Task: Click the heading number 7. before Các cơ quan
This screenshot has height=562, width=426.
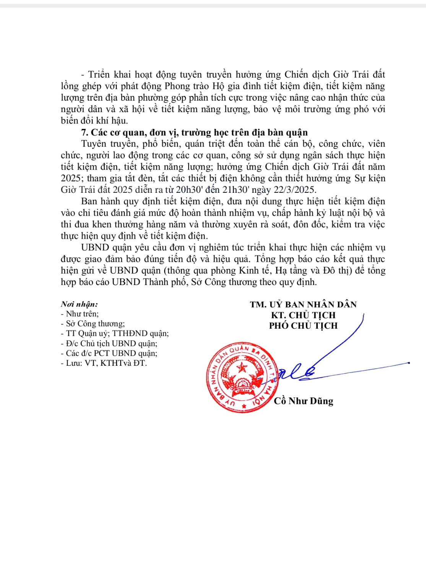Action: point(85,132)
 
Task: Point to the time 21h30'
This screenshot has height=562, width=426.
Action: point(249,190)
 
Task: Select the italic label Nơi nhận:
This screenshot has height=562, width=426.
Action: point(79,305)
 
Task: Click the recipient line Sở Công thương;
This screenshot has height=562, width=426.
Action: point(95,324)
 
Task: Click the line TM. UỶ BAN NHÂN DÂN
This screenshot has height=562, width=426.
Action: point(303,305)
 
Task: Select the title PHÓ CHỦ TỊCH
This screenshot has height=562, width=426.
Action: point(303,326)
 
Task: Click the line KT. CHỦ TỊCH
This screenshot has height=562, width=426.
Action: point(303,315)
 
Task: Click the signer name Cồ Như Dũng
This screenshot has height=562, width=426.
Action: point(304,401)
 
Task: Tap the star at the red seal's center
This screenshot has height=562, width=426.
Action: point(242,368)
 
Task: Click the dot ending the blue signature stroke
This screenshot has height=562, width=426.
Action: point(409,363)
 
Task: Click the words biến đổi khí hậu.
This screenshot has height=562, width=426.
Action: point(94,121)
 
